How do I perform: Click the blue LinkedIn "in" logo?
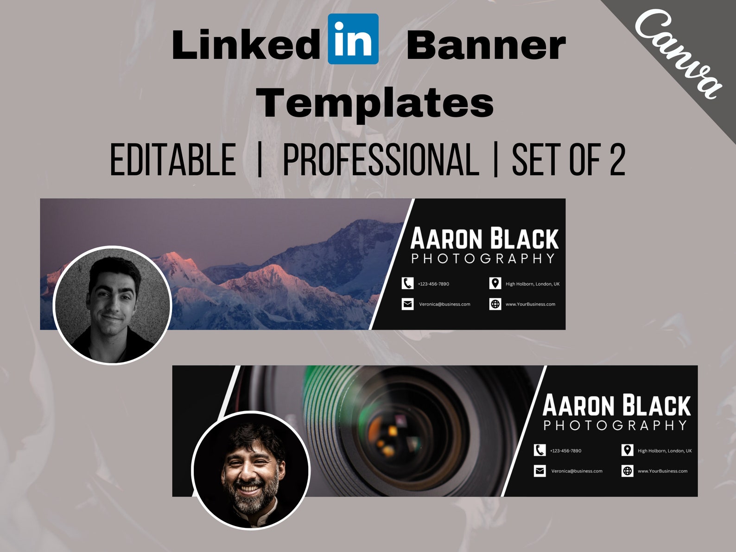(x=353, y=39)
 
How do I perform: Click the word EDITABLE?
(x=173, y=159)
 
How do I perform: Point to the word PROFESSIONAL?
(x=381, y=159)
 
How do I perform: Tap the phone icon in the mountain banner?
(x=407, y=283)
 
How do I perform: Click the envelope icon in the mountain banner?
(x=407, y=304)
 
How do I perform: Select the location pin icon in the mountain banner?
(x=495, y=283)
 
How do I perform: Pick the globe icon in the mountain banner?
(x=495, y=304)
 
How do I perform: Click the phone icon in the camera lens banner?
(x=539, y=450)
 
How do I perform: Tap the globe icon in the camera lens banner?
(x=627, y=471)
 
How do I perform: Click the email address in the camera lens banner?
(x=577, y=471)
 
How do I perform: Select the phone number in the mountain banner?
(x=433, y=284)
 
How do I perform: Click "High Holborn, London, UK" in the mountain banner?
(x=532, y=284)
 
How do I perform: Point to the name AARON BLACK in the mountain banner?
(x=484, y=239)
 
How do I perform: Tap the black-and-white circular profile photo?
(x=113, y=305)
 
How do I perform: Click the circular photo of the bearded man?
(x=251, y=470)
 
